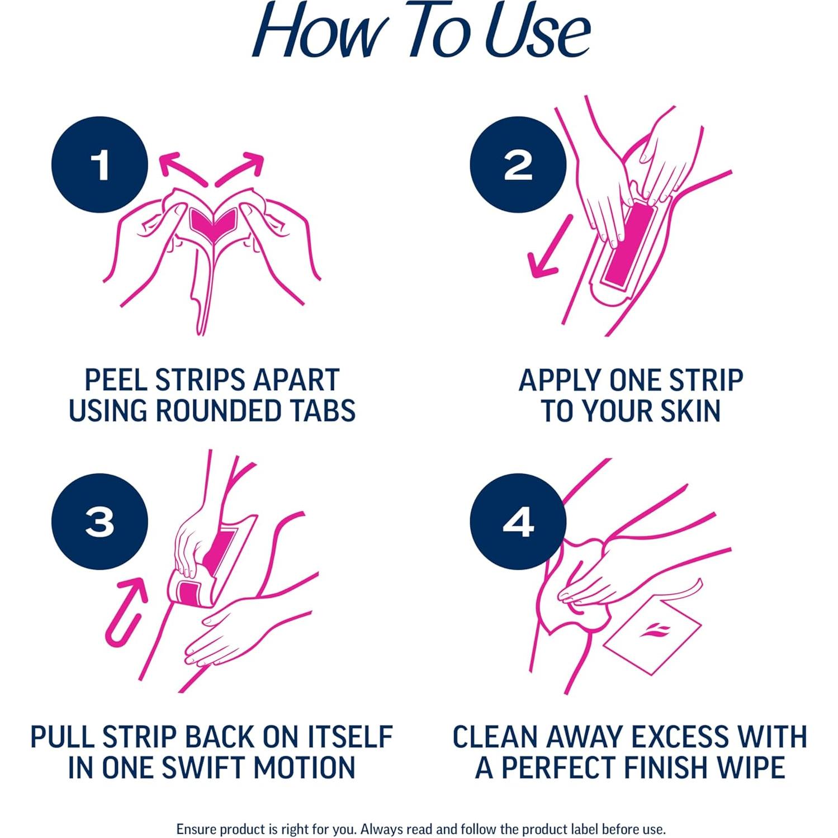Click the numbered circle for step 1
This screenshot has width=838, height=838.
(x=100, y=165)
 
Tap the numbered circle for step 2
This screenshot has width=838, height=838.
(x=518, y=165)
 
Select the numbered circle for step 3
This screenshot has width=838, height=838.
(x=100, y=522)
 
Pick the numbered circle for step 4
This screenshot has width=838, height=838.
(x=518, y=522)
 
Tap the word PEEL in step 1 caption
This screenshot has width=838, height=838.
(x=116, y=380)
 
